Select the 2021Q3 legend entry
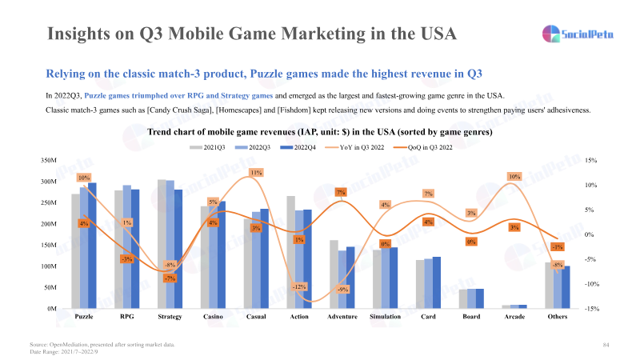210,148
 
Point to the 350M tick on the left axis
48,161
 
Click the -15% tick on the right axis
593,309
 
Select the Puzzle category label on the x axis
83,317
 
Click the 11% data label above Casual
256,172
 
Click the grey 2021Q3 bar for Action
291,252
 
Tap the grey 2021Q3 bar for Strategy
162,244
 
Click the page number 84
606,344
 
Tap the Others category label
558,317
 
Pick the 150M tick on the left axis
48,246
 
